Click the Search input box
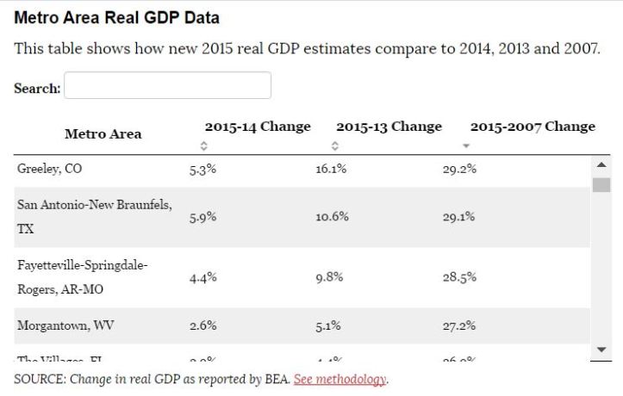click(167, 86)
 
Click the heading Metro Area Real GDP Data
click(117, 17)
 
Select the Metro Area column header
click(103, 134)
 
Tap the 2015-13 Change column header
click(389, 127)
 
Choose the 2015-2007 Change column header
click(532, 127)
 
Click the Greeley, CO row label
click(50, 169)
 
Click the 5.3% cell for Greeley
click(202, 169)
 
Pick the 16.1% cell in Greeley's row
click(330, 169)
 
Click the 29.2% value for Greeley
click(459, 169)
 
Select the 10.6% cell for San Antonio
click(332, 217)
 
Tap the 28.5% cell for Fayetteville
click(459, 277)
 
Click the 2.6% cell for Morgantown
click(202, 325)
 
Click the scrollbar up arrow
click(601, 164)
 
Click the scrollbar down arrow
click(601, 349)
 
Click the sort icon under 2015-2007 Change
click(466, 146)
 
